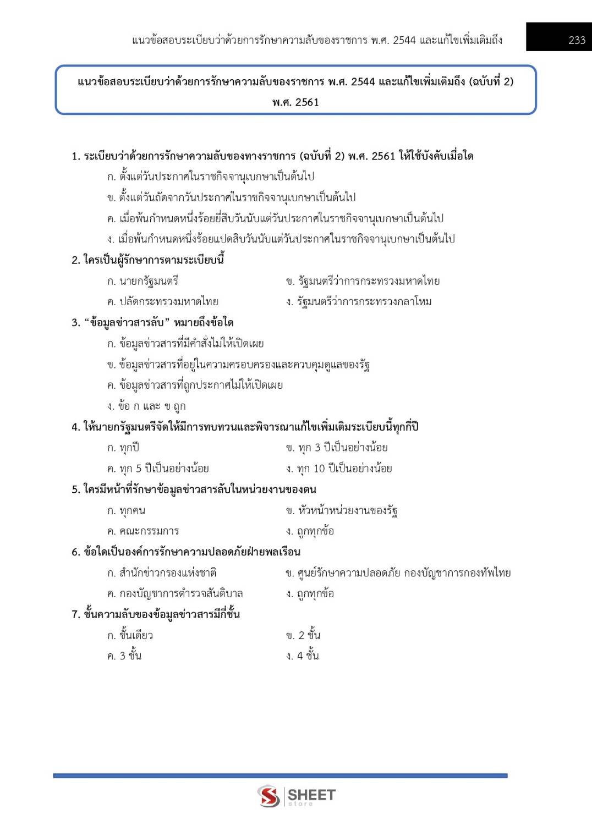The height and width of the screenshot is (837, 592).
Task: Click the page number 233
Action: pos(577,40)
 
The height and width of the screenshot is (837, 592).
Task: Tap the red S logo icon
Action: pos(269,796)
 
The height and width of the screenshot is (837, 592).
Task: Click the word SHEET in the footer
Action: pos(311,795)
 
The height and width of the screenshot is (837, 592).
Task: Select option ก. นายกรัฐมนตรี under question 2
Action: pos(142,281)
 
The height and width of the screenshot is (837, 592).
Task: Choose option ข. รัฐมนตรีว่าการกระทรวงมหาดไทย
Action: pos(363,281)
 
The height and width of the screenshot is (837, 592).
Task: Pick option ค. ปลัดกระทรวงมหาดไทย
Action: pos(163,301)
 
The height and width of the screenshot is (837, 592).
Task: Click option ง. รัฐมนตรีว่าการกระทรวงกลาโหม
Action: pos(359,301)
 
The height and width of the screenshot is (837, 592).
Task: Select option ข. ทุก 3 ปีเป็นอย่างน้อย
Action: pos(337,448)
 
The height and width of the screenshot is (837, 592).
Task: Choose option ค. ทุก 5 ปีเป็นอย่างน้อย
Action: pos(158,469)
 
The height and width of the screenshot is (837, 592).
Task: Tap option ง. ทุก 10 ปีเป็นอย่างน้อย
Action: pos(339,469)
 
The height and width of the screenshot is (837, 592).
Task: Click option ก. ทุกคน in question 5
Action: pos(127,510)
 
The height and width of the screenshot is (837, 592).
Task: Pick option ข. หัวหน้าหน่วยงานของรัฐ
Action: pos(342,510)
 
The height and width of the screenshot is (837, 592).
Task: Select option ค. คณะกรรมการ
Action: pos(143,531)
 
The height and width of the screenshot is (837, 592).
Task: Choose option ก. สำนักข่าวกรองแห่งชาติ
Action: pos(162,573)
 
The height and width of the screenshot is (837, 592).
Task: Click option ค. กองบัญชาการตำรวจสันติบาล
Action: pos(175,594)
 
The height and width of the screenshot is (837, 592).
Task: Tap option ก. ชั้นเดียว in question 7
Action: pos(130,636)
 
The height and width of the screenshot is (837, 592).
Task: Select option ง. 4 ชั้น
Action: pos(303,656)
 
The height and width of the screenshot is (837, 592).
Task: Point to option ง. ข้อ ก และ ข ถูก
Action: pos(146,406)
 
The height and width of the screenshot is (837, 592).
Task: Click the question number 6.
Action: pos(75,552)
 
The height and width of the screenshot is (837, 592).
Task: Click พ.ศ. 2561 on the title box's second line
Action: pos(295,102)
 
